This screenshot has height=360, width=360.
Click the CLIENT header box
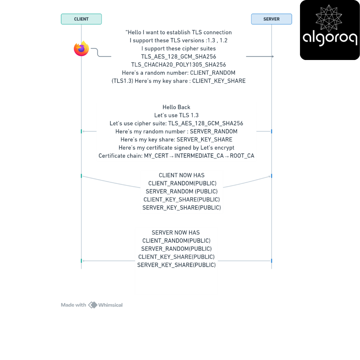coord(81,19)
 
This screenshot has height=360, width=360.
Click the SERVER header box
coord(271,19)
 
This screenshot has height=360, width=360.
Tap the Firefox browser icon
coord(82,48)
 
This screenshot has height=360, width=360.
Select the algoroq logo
coord(330,30)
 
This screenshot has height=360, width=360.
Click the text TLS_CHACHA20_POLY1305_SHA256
coord(179,65)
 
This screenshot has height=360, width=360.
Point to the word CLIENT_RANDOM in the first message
coord(213,73)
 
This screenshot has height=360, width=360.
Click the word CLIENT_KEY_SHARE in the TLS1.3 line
coord(219,81)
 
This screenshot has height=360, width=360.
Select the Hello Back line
coord(176,107)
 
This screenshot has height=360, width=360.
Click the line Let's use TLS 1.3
coord(176,115)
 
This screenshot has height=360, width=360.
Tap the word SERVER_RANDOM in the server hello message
coord(214,132)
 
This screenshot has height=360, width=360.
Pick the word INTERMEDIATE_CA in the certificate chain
coord(199,156)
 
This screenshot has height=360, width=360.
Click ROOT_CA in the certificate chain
coord(242,156)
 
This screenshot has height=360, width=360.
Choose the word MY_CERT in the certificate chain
coord(156,156)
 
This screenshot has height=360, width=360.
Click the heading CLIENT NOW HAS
coord(182,175)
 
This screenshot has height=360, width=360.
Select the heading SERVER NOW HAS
coord(176,233)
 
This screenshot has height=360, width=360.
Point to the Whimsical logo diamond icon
coord(93,305)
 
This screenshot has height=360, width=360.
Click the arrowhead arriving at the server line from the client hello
coord(273,56)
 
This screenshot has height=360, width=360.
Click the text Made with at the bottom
coord(73,305)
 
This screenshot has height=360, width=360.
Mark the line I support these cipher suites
coord(179,49)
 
